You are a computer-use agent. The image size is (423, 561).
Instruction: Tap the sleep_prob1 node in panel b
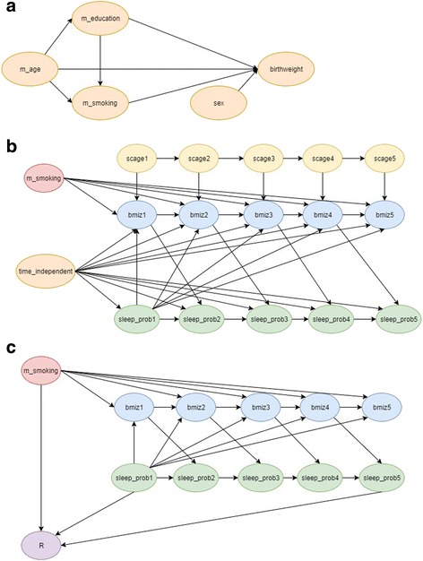pos(134,317)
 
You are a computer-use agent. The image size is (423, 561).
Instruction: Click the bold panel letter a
pos(7,7)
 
